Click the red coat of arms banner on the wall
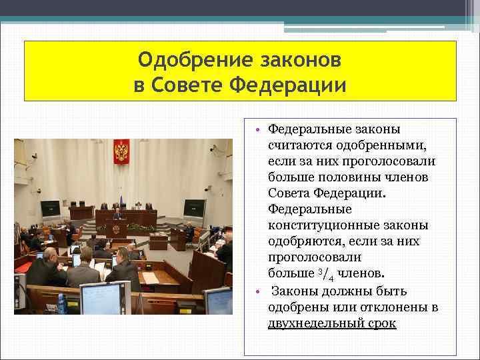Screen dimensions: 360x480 click(121, 151)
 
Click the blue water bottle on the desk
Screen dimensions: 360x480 click(61, 303)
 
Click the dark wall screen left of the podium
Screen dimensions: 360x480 click(50, 209)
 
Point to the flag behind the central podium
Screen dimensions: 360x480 click(121, 201)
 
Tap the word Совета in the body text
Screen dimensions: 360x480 click(290, 193)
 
